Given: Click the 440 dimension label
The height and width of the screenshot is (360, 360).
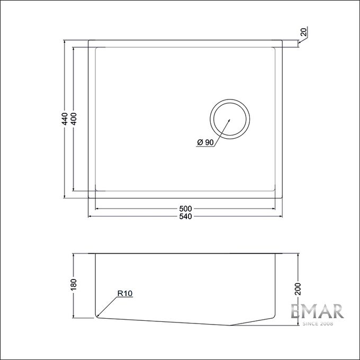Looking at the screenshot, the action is pos(65,119).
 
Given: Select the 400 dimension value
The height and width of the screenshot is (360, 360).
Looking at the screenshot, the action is pos(74,119).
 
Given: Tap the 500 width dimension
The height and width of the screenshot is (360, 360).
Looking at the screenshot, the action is pos(185,209).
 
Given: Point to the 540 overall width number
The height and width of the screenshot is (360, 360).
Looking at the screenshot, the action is pos(185,217).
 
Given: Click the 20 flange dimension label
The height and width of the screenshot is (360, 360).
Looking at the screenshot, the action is pos(303,32).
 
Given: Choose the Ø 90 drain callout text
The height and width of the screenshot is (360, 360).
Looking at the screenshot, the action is pos(205,142).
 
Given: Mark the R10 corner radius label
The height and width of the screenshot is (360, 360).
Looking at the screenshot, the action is pos(125,293).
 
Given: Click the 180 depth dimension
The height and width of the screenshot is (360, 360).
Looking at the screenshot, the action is pos(74,284).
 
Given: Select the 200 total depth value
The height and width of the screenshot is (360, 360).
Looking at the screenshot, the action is pos(298,289).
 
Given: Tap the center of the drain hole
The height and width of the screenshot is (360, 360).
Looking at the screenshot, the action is pos(230,119).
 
